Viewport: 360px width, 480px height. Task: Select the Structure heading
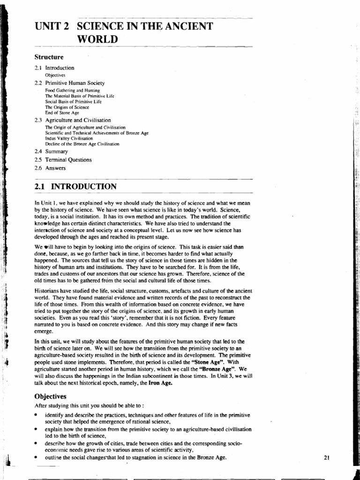click(49, 57)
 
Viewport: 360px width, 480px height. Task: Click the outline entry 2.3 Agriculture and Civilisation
click(73, 120)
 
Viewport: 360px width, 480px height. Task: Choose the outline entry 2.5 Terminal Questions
click(63, 160)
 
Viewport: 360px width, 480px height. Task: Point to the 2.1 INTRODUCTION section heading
click(75, 187)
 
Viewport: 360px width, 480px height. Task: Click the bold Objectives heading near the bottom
click(50, 396)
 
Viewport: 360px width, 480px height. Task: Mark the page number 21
click(327, 458)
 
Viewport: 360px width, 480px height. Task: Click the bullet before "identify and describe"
click(37, 415)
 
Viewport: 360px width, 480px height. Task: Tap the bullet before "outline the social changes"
click(37, 457)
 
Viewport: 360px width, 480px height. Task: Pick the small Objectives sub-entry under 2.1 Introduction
click(55, 75)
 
